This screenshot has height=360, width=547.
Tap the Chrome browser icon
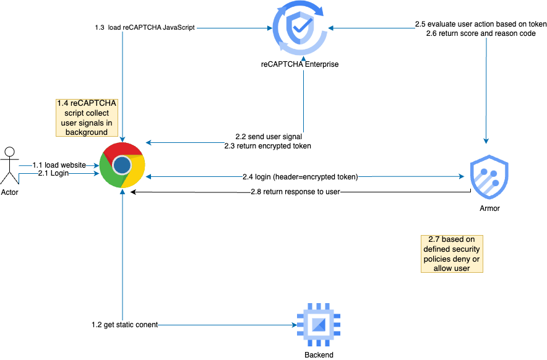click(123, 165)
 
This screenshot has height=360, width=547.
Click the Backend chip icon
click(319, 324)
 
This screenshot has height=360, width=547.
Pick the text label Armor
click(489, 208)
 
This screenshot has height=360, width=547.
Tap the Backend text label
click(319, 355)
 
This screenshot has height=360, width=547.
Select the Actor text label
click(9, 192)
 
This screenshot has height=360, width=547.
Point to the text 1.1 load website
click(59, 165)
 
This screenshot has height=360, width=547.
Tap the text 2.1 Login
click(53, 174)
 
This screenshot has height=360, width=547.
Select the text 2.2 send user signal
click(269, 136)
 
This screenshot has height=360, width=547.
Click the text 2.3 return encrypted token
click(267, 146)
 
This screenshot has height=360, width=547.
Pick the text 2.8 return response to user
click(296, 192)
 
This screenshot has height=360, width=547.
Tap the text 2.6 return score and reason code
click(481, 33)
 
